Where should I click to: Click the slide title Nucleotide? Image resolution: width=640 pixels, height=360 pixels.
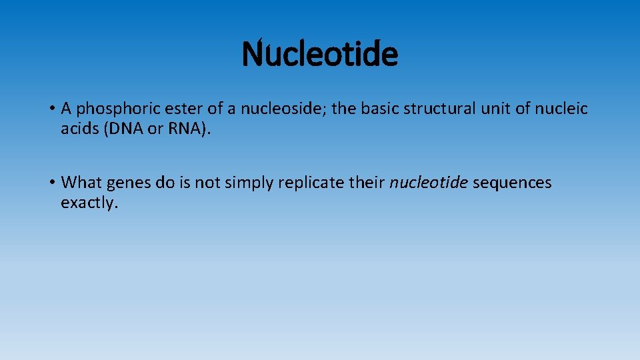click(x=319, y=55)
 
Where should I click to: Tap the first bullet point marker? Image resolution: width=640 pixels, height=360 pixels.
click(x=51, y=109)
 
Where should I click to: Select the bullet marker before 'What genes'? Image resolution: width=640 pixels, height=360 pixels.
click(x=51, y=183)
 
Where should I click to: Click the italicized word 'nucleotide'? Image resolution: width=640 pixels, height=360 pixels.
click(x=429, y=183)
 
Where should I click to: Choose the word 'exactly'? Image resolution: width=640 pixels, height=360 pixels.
click(x=89, y=203)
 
